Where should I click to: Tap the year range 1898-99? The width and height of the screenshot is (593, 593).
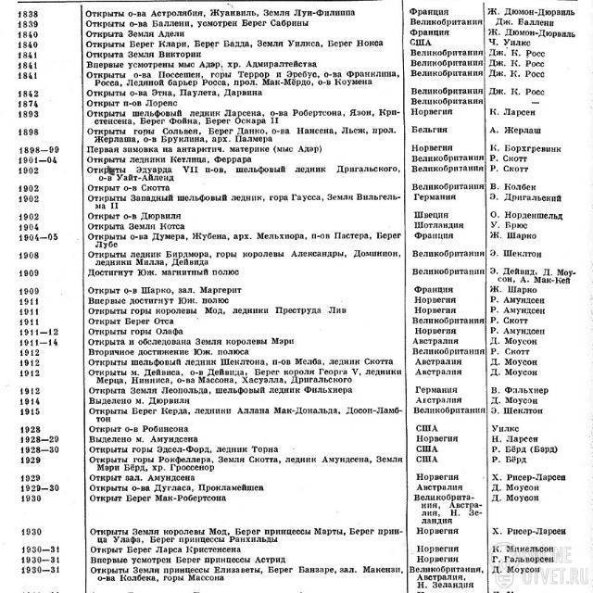click(27, 149)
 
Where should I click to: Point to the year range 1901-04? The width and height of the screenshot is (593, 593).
click(27, 159)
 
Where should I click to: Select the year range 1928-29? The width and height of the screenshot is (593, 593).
click(28, 440)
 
